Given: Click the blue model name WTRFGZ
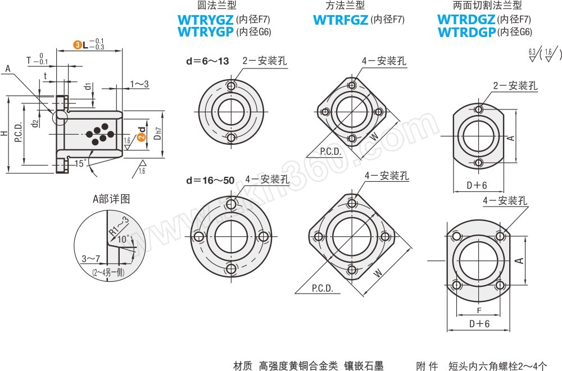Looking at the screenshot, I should pos(340,20).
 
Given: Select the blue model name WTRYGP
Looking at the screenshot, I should pos(206,32).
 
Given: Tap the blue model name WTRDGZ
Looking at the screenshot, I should pos(466,20).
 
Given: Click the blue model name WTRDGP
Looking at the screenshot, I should pos(466,32).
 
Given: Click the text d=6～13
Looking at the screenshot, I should pos(207,61).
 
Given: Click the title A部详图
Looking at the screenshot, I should pos(111,199).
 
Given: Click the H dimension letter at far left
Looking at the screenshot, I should pos(4,134).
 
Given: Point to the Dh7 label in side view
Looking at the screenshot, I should pos(158,134).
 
